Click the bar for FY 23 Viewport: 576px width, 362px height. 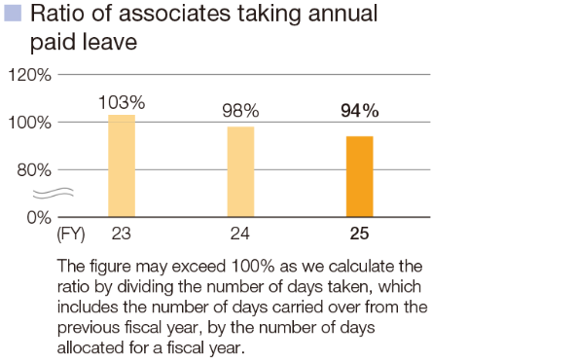click(122, 165)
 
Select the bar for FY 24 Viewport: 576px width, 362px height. click(240, 171)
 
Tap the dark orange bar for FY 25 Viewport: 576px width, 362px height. click(359, 176)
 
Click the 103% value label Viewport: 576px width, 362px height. click(122, 101)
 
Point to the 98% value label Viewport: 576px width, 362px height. click(240, 112)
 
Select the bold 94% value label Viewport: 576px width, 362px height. click(359, 111)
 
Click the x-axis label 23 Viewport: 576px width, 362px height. click(122, 235)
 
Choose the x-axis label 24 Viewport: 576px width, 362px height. click(240, 235)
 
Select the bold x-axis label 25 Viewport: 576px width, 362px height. click(359, 235)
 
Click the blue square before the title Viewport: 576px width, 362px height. click(13, 14)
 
